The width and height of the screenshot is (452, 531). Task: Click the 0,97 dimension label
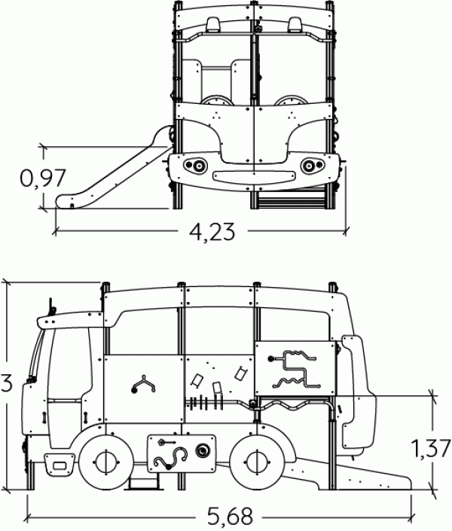[x=42, y=178]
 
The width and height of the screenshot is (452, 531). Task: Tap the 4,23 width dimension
[x=212, y=232]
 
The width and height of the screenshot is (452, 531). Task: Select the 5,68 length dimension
[x=230, y=517]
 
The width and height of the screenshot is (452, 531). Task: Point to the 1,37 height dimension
[x=431, y=448]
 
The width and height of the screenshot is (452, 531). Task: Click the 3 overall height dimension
[x=6, y=383]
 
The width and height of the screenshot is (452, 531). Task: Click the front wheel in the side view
[x=106, y=462]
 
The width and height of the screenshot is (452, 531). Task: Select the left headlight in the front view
[x=195, y=165]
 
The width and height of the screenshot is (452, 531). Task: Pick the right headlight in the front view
[x=312, y=165]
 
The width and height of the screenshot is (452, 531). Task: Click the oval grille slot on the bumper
[x=254, y=176]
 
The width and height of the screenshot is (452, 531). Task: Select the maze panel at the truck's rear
[x=295, y=368]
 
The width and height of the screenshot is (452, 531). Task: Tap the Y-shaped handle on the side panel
[x=143, y=385]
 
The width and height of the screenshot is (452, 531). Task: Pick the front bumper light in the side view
[x=60, y=465]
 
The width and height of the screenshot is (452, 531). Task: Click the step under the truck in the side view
[x=144, y=481]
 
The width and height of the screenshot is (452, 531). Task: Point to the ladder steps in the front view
[x=291, y=198]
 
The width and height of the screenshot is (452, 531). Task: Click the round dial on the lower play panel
[x=203, y=450]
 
